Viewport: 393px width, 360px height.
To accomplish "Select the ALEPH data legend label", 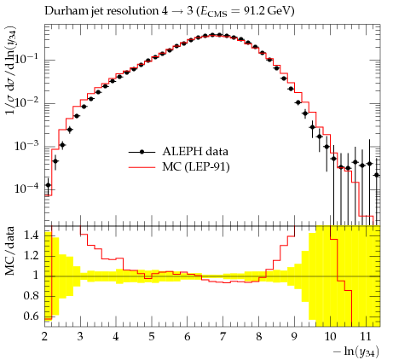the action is [x=195, y=151].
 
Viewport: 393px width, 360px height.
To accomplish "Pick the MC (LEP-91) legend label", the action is [x=196, y=166].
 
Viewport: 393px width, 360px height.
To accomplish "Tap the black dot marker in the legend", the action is [x=142, y=152].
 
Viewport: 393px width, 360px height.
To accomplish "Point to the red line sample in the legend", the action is [x=142, y=167].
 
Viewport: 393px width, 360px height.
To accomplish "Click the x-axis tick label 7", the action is [x=223, y=336].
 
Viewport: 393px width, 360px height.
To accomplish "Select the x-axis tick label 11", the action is [x=366, y=336].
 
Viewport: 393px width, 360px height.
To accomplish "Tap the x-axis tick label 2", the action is [x=45, y=336].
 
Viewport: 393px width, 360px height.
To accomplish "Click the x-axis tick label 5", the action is [x=152, y=336].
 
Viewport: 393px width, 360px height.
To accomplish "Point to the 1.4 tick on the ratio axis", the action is [x=32, y=235].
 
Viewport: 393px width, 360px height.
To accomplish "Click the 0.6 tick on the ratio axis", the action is [x=32, y=316].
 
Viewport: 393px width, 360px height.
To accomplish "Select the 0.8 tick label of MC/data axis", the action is [x=32, y=296].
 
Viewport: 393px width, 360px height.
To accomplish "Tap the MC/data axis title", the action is [x=9, y=251].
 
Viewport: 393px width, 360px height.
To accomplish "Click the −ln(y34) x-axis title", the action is [x=356, y=351].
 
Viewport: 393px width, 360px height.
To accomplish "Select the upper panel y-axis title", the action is [x=11, y=70].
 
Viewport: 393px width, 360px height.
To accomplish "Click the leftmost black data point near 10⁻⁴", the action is [x=49, y=185].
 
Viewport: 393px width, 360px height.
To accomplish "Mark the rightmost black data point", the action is [x=377, y=175].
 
